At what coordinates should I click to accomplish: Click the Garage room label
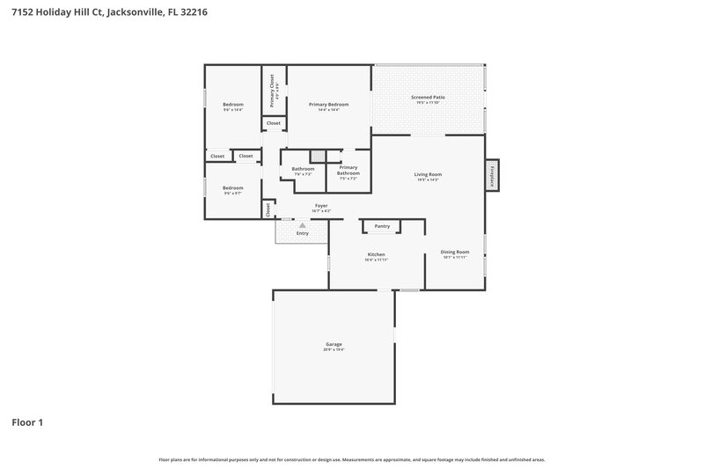334,344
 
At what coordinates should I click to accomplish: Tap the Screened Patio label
428,97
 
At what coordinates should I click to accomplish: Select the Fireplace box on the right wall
491,174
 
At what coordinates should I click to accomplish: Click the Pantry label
382,226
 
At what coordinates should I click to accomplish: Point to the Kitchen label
376,254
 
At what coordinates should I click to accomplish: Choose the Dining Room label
455,253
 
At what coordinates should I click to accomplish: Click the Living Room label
428,174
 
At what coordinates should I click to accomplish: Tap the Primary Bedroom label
328,104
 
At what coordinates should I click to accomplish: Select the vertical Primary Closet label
272,91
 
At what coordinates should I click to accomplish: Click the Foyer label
321,206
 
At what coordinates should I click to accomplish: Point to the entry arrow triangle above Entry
302,225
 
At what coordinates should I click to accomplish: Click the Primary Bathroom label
348,170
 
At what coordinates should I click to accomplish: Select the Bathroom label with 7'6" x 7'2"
303,168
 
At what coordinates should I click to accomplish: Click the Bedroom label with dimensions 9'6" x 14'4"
232,104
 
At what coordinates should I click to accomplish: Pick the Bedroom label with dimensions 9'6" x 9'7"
232,187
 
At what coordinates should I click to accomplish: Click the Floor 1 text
27,422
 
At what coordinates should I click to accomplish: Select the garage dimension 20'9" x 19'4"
334,349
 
